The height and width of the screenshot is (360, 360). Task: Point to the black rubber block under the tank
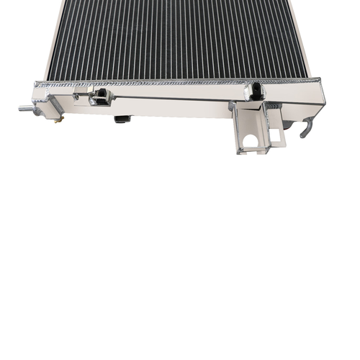[x=122, y=118]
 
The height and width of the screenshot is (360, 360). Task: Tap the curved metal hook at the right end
[x=307, y=127]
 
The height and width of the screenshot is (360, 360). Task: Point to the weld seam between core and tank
[x=180, y=81]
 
